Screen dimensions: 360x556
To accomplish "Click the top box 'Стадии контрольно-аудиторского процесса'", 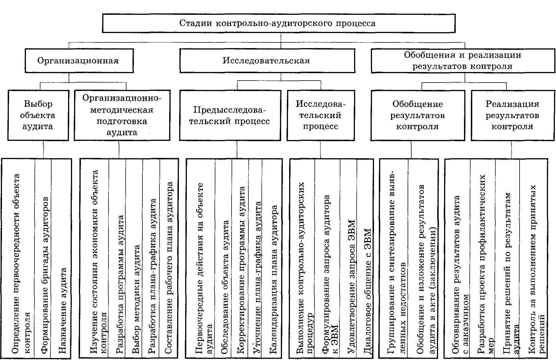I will click(x=278, y=23).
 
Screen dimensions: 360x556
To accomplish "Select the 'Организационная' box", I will click(x=79, y=61).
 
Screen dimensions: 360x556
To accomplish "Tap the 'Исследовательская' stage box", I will click(x=267, y=61).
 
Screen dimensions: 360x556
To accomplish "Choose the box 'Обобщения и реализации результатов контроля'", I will click(x=463, y=61).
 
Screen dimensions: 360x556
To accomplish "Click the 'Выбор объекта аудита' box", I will click(x=38, y=115).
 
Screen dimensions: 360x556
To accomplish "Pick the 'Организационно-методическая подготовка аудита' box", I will click(x=122, y=115).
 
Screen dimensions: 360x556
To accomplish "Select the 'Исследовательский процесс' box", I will click(x=321, y=115).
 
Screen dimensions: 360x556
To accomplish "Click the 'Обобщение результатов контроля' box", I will click(x=418, y=115).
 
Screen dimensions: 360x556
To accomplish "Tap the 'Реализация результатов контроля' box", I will click(x=512, y=115).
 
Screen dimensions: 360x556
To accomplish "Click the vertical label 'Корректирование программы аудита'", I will click(x=241, y=270).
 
